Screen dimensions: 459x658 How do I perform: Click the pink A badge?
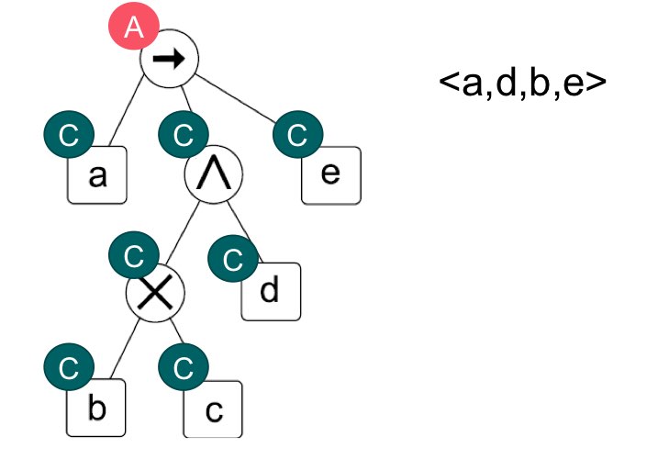[135, 28]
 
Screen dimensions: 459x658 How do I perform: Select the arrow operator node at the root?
[170, 60]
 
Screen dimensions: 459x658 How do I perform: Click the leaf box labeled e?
[332, 175]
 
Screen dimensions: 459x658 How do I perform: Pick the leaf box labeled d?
[271, 292]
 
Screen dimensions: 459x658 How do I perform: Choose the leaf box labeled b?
[95, 408]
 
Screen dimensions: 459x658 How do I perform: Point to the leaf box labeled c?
[213, 409]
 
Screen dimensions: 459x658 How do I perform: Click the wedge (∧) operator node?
[214, 176]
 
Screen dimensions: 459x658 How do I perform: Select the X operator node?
[155, 292]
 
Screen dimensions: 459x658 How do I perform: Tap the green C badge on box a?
[67, 137]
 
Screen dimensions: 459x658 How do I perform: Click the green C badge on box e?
[296, 137]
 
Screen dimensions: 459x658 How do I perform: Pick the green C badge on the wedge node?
[183, 137]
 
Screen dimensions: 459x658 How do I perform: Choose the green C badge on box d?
[233, 258]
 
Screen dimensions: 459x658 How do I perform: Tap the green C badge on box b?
[67, 370]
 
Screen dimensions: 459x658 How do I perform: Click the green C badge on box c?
[183, 370]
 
